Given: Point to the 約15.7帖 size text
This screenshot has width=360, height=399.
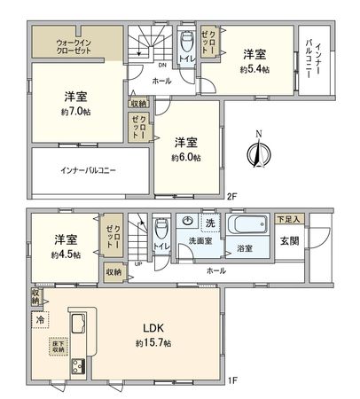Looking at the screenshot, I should coord(147,342).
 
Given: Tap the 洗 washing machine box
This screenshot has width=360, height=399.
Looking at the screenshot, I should coord(210,221).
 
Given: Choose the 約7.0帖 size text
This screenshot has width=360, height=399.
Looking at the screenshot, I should coord(74,112).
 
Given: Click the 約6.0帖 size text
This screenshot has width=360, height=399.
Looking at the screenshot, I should coord(187,157).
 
